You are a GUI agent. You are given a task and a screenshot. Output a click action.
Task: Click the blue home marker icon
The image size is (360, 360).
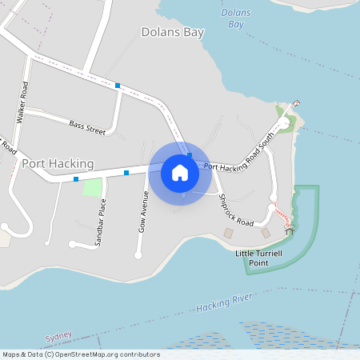[x=180, y=172]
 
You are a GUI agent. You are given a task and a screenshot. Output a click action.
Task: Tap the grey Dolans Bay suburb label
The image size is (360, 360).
[x=172, y=33]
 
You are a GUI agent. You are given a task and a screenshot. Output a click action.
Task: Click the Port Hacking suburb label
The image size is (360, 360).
[x=58, y=163]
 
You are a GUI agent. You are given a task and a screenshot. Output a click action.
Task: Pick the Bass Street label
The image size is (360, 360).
[x=87, y=125]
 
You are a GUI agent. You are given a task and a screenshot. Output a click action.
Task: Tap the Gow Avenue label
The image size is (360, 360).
[x=145, y=213]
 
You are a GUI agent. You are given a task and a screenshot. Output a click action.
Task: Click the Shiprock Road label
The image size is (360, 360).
[x=235, y=210]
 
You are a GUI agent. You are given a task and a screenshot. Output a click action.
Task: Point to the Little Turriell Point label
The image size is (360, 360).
[x=259, y=258]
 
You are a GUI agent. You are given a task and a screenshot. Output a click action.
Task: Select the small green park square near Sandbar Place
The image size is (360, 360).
[x=93, y=188]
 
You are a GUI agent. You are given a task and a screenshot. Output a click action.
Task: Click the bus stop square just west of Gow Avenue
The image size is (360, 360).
[x=126, y=172]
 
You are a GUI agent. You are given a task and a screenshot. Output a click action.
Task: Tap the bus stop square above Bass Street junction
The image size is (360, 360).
[x=118, y=85]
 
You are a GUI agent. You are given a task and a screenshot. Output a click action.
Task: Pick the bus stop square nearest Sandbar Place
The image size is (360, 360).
[x=76, y=179]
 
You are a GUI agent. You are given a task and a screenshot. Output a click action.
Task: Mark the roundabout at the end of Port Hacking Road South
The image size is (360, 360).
[x=284, y=124]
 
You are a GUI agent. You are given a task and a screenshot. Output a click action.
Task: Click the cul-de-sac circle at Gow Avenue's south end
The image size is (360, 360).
[x=138, y=255]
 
